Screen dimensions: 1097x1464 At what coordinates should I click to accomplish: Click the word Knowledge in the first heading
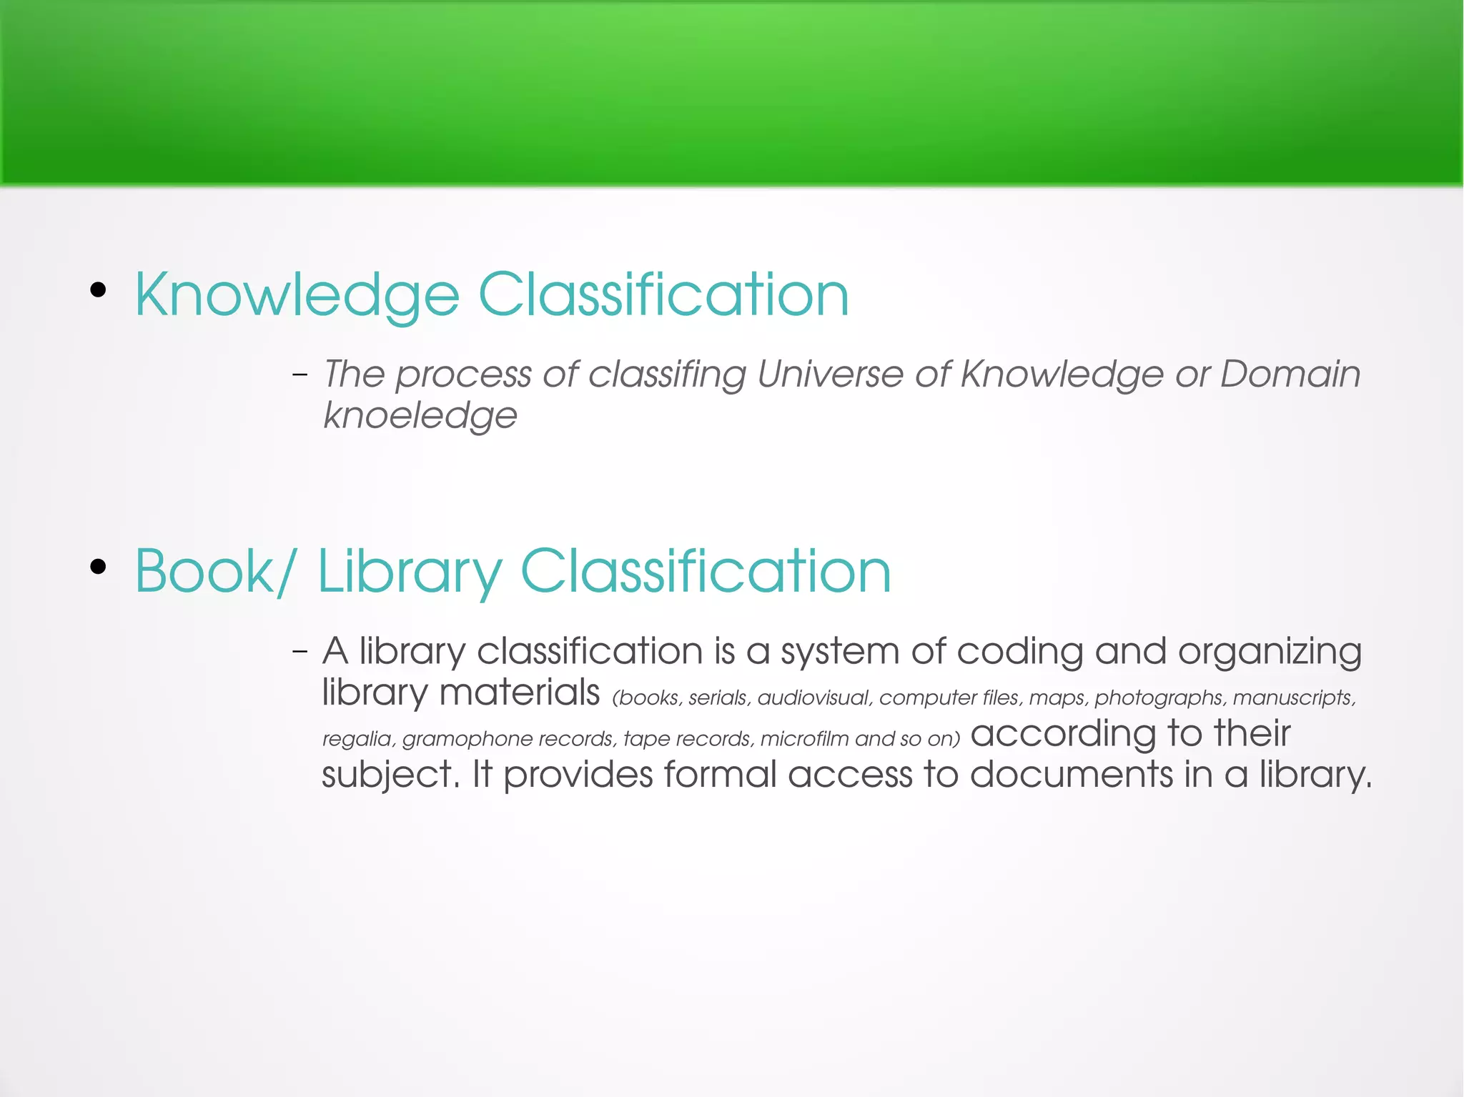tap(297, 295)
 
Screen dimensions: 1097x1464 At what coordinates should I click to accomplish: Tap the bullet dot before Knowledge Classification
tap(99, 290)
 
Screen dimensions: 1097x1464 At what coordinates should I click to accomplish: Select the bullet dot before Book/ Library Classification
tap(99, 567)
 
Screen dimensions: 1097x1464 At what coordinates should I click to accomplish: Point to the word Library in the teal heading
tap(410, 571)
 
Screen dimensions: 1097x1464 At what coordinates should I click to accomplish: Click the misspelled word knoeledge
tap(420, 415)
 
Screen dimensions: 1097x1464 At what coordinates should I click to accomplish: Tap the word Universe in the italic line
tap(830, 374)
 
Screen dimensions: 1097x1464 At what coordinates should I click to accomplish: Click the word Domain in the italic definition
tap(1290, 374)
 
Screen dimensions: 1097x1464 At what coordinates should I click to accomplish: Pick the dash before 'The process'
tap(300, 374)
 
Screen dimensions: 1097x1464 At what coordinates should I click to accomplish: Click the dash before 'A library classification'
tap(300, 651)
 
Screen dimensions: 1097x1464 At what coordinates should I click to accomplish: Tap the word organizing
tap(1270, 652)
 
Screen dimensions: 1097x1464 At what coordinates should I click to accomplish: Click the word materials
tap(519, 693)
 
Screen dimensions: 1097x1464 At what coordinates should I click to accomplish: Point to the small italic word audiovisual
tap(813, 698)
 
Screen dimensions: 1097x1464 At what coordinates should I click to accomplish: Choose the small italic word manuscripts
tap(1293, 698)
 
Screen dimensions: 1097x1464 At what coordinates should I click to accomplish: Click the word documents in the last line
tap(1071, 775)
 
